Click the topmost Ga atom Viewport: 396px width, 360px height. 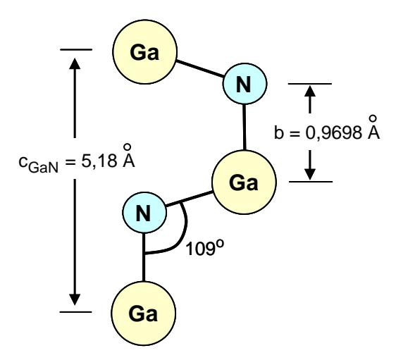click(x=144, y=51)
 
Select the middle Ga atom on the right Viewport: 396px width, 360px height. click(x=244, y=182)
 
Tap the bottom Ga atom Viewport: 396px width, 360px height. click(x=143, y=314)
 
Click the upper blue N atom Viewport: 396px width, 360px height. click(x=245, y=84)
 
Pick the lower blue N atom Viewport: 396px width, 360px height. click(x=144, y=212)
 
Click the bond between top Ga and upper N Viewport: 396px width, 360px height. click(x=200, y=68)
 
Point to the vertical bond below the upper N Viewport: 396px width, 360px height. click(x=245, y=128)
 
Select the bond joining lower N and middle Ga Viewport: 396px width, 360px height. click(x=189, y=199)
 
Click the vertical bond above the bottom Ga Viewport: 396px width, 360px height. click(x=144, y=257)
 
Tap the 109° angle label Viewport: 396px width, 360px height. click(x=204, y=248)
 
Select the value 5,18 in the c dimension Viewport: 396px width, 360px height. click(x=99, y=161)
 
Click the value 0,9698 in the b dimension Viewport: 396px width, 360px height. click(x=333, y=132)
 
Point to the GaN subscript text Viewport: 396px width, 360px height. click(x=43, y=168)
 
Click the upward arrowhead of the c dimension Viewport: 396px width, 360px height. click(x=75, y=63)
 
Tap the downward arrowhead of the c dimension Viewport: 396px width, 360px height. click(x=75, y=299)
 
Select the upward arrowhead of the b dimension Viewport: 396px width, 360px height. click(x=310, y=91)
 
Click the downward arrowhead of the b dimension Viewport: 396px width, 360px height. click(x=310, y=175)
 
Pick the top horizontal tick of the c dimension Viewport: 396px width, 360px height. click(x=76, y=50)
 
